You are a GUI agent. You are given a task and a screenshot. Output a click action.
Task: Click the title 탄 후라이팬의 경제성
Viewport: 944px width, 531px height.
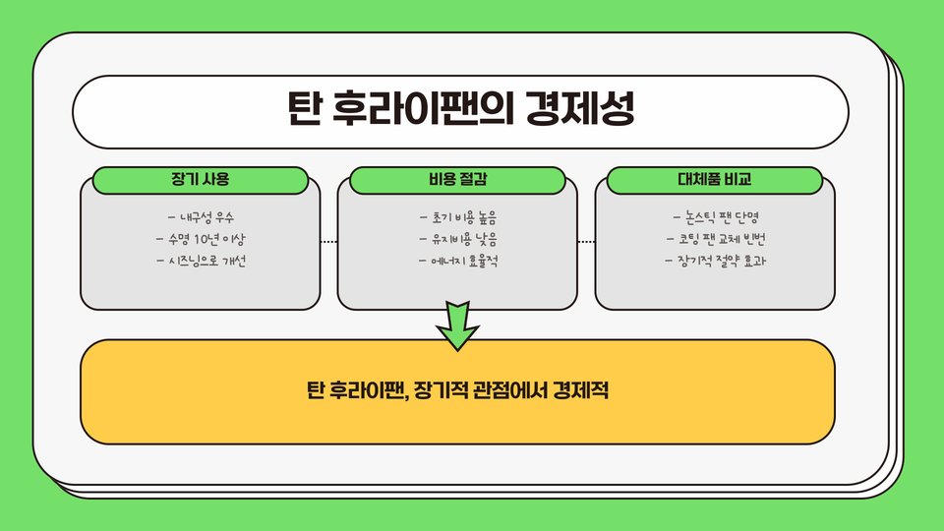click(460, 109)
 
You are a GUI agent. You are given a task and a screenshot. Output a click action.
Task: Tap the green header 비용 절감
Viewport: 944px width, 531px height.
click(457, 180)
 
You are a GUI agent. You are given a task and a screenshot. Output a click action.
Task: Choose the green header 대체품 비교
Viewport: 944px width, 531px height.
click(715, 180)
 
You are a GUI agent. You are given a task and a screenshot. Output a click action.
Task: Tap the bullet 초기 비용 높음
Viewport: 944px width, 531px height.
click(458, 216)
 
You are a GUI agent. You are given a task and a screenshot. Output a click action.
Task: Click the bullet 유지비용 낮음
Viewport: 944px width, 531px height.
click(458, 239)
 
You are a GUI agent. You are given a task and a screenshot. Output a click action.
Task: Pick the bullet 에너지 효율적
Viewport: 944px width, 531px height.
click(458, 262)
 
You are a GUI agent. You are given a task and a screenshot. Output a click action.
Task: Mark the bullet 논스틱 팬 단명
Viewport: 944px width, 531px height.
click(716, 216)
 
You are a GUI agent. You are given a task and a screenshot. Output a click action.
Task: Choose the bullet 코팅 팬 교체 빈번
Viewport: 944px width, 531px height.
click(716, 239)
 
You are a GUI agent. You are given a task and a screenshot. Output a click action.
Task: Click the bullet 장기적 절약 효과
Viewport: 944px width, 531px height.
click(716, 262)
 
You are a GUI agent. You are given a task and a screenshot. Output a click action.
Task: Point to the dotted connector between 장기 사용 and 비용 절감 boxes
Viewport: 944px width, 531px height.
click(328, 241)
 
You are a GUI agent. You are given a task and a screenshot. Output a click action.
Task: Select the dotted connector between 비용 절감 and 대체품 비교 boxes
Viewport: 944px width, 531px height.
click(586, 241)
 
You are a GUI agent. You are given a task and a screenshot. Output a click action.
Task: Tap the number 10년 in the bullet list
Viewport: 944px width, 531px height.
click(202, 239)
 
